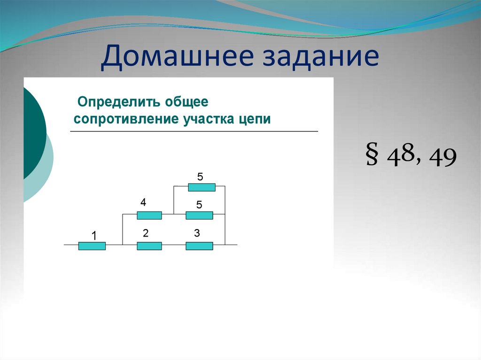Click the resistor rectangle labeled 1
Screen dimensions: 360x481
(92, 245)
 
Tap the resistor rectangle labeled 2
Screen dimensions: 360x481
(149, 245)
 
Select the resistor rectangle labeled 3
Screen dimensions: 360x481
(199, 245)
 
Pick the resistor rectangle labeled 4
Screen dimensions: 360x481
(149, 215)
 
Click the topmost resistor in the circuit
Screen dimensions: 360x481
(202, 187)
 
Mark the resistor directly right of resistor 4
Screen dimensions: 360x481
(199, 215)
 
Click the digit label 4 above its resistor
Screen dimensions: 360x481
(143, 203)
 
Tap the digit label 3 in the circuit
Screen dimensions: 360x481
(196, 233)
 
